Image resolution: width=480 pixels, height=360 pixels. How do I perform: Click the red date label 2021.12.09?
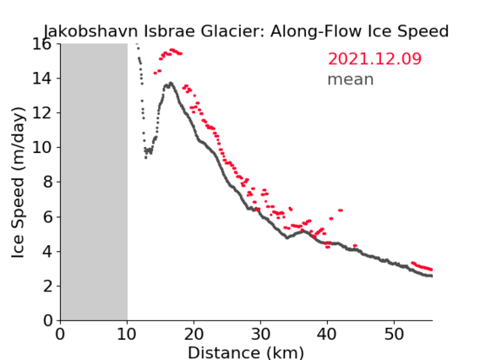click(x=374, y=59)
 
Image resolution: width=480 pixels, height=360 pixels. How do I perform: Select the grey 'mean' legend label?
click(x=351, y=79)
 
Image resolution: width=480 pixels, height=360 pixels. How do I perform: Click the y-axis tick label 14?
click(x=42, y=79)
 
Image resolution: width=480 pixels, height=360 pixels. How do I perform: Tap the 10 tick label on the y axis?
click(x=42, y=148)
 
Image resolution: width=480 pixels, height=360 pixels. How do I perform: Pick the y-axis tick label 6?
click(x=47, y=217)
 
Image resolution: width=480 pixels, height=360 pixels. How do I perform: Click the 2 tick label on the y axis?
click(x=47, y=286)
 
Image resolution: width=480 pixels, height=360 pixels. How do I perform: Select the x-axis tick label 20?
click(x=194, y=335)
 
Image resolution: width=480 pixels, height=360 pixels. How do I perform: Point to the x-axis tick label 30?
click(x=260, y=335)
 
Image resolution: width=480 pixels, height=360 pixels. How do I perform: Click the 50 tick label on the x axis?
click(x=394, y=335)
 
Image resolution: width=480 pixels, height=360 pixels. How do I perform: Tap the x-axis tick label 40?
click(x=327, y=335)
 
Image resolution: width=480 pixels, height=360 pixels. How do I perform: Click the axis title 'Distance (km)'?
click(x=246, y=352)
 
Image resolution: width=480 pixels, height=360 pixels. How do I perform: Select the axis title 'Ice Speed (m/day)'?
click(x=18, y=183)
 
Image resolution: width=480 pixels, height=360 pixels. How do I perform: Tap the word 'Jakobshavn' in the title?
click(x=90, y=31)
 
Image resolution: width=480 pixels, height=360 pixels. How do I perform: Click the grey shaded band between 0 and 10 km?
click(x=94, y=182)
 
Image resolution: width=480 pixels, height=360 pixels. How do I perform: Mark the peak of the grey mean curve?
click(x=171, y=83)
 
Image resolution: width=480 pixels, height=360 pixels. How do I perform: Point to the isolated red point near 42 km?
click(x=341, y=210)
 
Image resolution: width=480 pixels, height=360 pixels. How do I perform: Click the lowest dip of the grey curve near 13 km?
click(x=145, y=158)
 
